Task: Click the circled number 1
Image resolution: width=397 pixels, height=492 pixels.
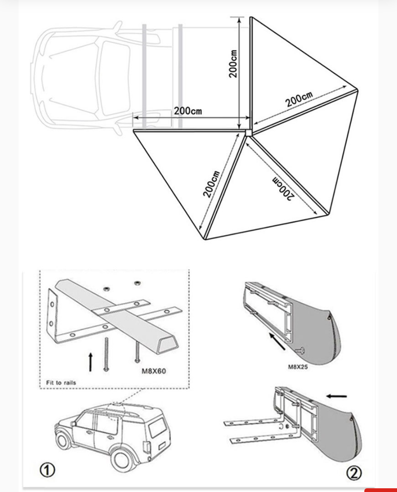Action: [x=47, y=470]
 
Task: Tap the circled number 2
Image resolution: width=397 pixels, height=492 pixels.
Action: [x=354, y=473]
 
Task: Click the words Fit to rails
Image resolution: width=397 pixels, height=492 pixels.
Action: [x=61, y=383]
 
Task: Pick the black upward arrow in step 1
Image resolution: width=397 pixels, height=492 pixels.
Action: [x=91, y=361]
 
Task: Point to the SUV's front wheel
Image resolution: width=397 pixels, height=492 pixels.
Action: [x=64, y=440]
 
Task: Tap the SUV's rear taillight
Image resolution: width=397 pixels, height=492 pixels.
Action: [x=146, y=447]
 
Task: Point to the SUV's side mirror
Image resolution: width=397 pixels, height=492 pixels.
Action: [x=73, y=423]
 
